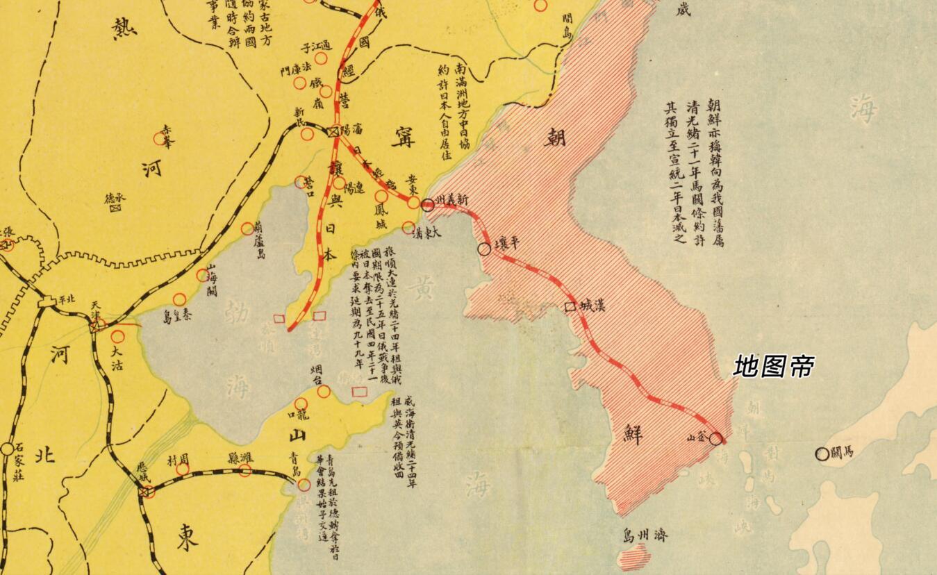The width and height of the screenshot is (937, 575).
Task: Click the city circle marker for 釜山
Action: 716,439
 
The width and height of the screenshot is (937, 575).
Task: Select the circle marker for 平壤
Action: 484,249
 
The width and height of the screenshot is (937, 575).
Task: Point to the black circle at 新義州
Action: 428,204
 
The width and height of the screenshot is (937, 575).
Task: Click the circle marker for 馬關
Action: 822,454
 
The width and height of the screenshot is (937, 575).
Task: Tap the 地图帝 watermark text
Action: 774,366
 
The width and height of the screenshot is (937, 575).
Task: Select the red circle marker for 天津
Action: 99,324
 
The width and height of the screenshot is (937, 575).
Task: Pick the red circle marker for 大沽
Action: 118,337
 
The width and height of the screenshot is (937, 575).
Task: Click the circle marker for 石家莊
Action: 7,449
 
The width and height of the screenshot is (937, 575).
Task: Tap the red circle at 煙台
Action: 324,391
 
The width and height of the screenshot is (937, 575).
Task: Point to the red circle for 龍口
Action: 301,403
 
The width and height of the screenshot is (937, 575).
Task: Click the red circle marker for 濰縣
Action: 245,470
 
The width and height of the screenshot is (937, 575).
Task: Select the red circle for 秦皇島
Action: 179,299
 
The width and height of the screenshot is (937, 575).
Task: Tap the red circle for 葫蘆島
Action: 247,228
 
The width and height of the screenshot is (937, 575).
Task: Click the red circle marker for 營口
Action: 300,182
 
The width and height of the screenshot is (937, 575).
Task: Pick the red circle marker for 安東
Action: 413,202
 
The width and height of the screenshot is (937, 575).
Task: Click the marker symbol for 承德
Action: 115,207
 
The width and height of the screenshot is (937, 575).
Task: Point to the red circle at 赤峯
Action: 165,139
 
